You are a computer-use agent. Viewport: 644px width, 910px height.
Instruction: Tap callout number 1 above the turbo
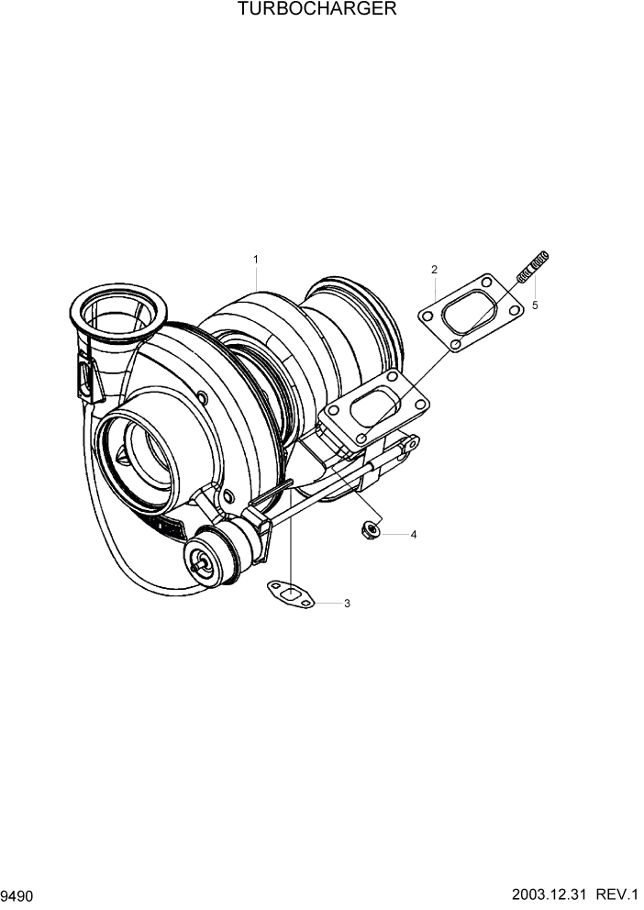256,260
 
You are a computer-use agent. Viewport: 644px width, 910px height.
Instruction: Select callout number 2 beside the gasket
434,270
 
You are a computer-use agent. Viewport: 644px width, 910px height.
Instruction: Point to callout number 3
347,604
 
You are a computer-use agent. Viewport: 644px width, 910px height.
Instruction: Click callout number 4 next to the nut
413,534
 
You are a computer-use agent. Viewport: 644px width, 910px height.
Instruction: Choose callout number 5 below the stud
535,305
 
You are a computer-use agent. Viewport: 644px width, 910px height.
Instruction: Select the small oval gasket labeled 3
289,594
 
